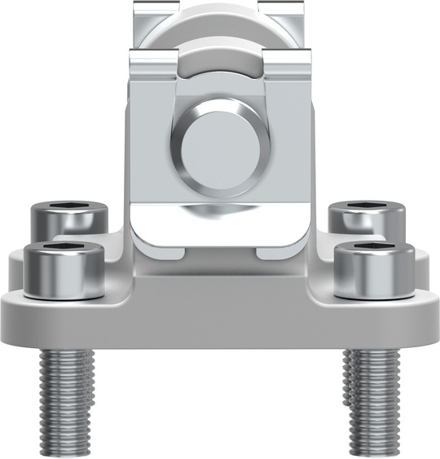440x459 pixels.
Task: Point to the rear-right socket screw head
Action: tap(367, 218)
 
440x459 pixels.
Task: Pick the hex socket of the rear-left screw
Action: tap(69, 207)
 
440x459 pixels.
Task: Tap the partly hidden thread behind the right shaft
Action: tap(349, 383)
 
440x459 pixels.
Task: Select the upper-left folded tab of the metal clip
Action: tap(155, 61)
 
